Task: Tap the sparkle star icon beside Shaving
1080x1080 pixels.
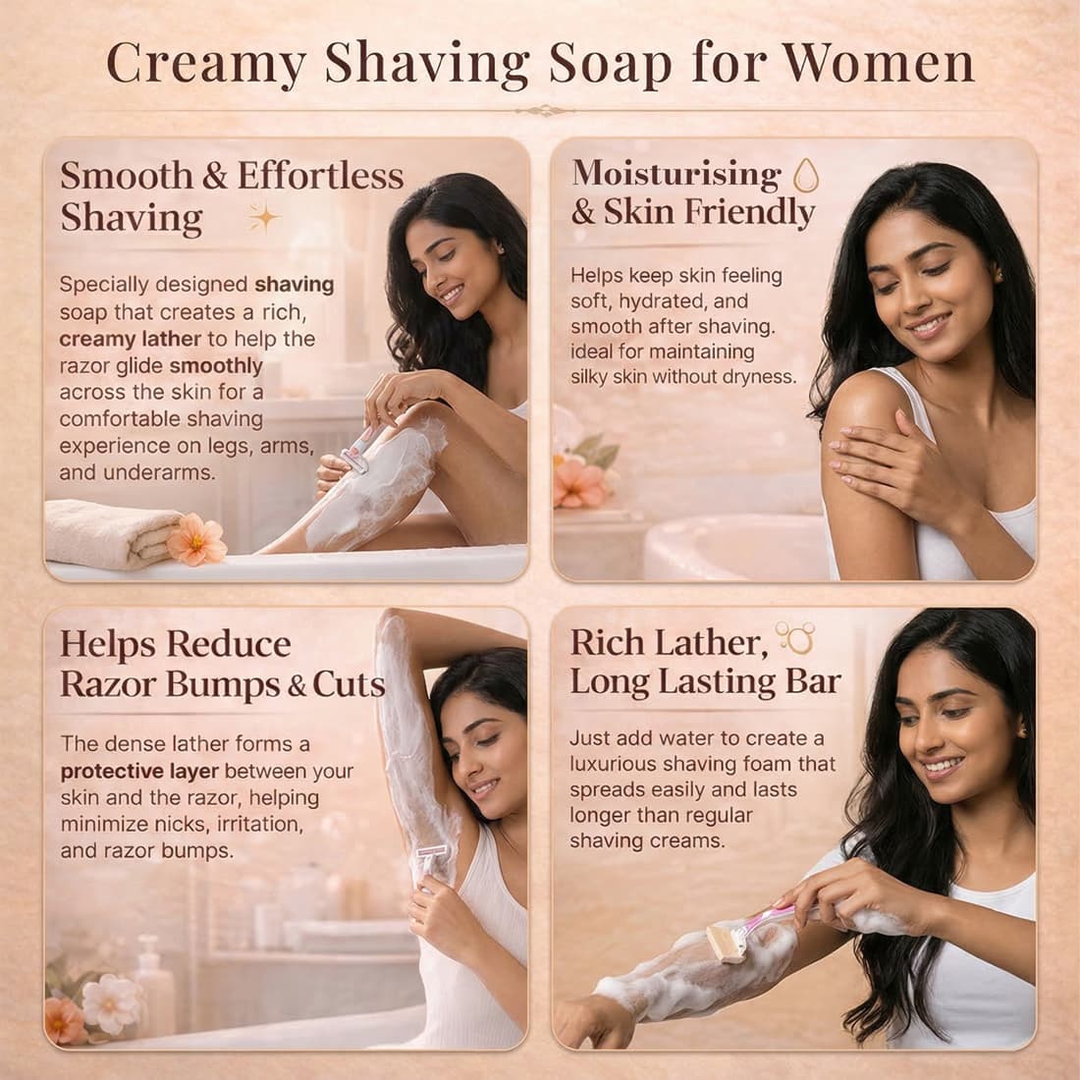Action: click(264, 218)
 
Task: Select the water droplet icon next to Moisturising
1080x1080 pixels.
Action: click(806, 175)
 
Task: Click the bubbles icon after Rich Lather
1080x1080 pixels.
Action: click(795, 638)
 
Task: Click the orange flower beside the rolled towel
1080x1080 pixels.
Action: click(196, 539)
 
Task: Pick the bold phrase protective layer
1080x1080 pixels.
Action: click(139, 771)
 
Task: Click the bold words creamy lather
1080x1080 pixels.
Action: click(131, 339)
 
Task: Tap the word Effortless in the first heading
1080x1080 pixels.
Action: click(320, 176)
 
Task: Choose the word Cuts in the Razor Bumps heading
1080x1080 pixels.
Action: click(349, 684)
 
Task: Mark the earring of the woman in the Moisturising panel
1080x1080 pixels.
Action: click(999, 276)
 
